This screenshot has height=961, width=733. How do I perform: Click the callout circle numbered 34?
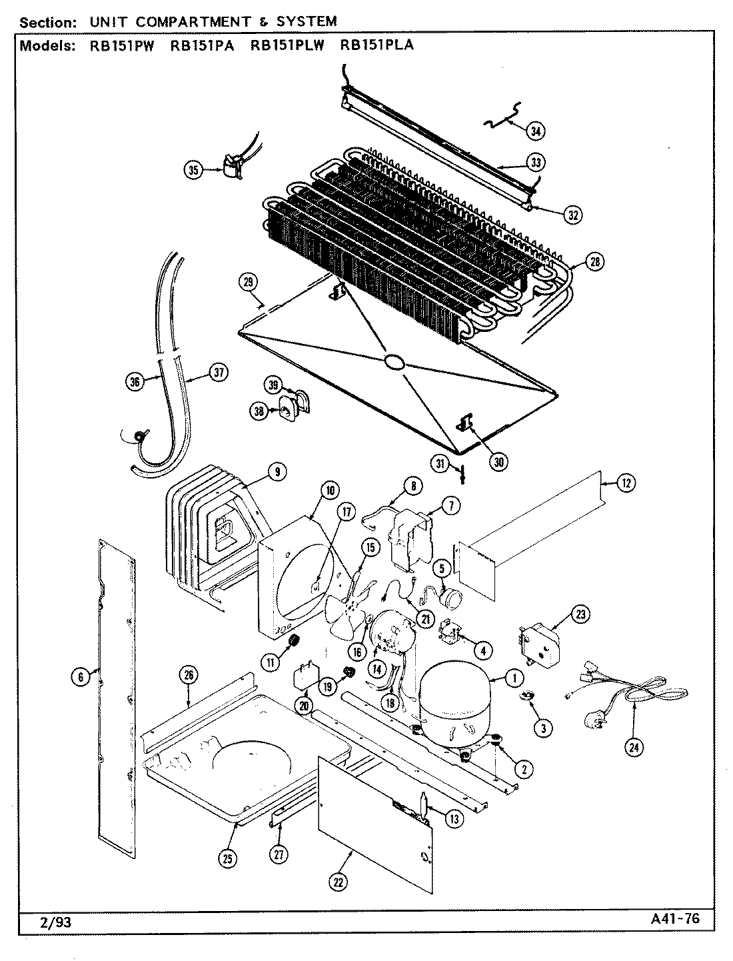pos(534,131)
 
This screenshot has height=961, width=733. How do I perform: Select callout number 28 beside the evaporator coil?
pos(594,262)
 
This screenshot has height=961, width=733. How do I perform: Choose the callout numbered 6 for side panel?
pos(80,676)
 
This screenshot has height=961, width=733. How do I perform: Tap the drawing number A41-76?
pos(674,918)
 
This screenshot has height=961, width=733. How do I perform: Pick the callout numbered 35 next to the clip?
pos(193,171)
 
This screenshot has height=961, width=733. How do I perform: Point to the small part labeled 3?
pos(528,697)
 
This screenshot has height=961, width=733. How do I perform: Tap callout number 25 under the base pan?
pos(228,859)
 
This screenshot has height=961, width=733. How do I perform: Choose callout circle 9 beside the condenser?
pos(277,472)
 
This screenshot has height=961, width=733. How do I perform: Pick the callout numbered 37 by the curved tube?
pos(217,373)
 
